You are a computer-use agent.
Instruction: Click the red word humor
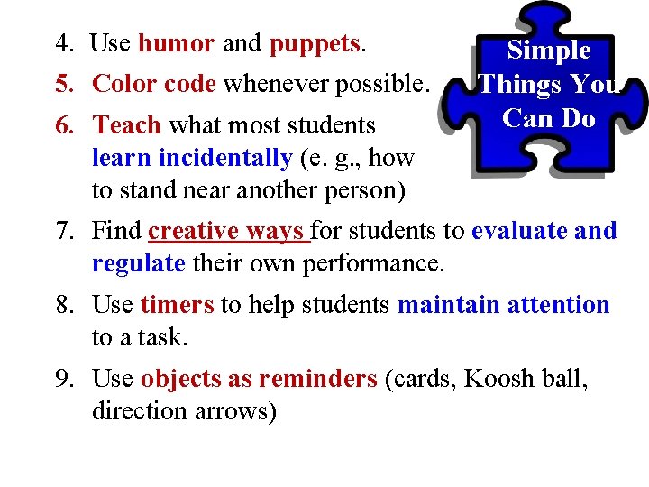(176, 43)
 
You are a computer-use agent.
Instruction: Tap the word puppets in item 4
(315, 44)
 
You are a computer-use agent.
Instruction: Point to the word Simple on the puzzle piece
(549, 51)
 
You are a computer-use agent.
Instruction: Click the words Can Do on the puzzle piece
(549, 118)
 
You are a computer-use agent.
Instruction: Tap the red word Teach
(127, 124)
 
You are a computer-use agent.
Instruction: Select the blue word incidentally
(224, 158)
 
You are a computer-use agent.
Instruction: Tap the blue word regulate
(138, 264)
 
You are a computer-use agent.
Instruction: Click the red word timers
(177, 305)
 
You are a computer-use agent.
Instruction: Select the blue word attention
(558, 305)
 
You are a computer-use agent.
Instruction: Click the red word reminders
(317, 379)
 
